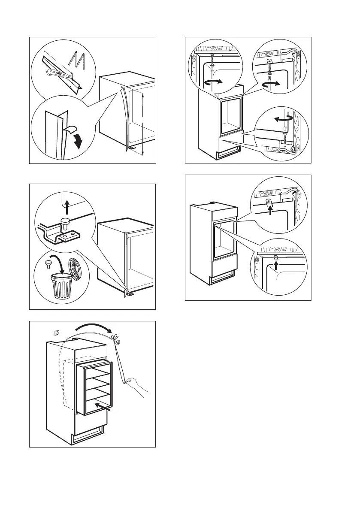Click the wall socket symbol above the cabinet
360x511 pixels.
point(55,332)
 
